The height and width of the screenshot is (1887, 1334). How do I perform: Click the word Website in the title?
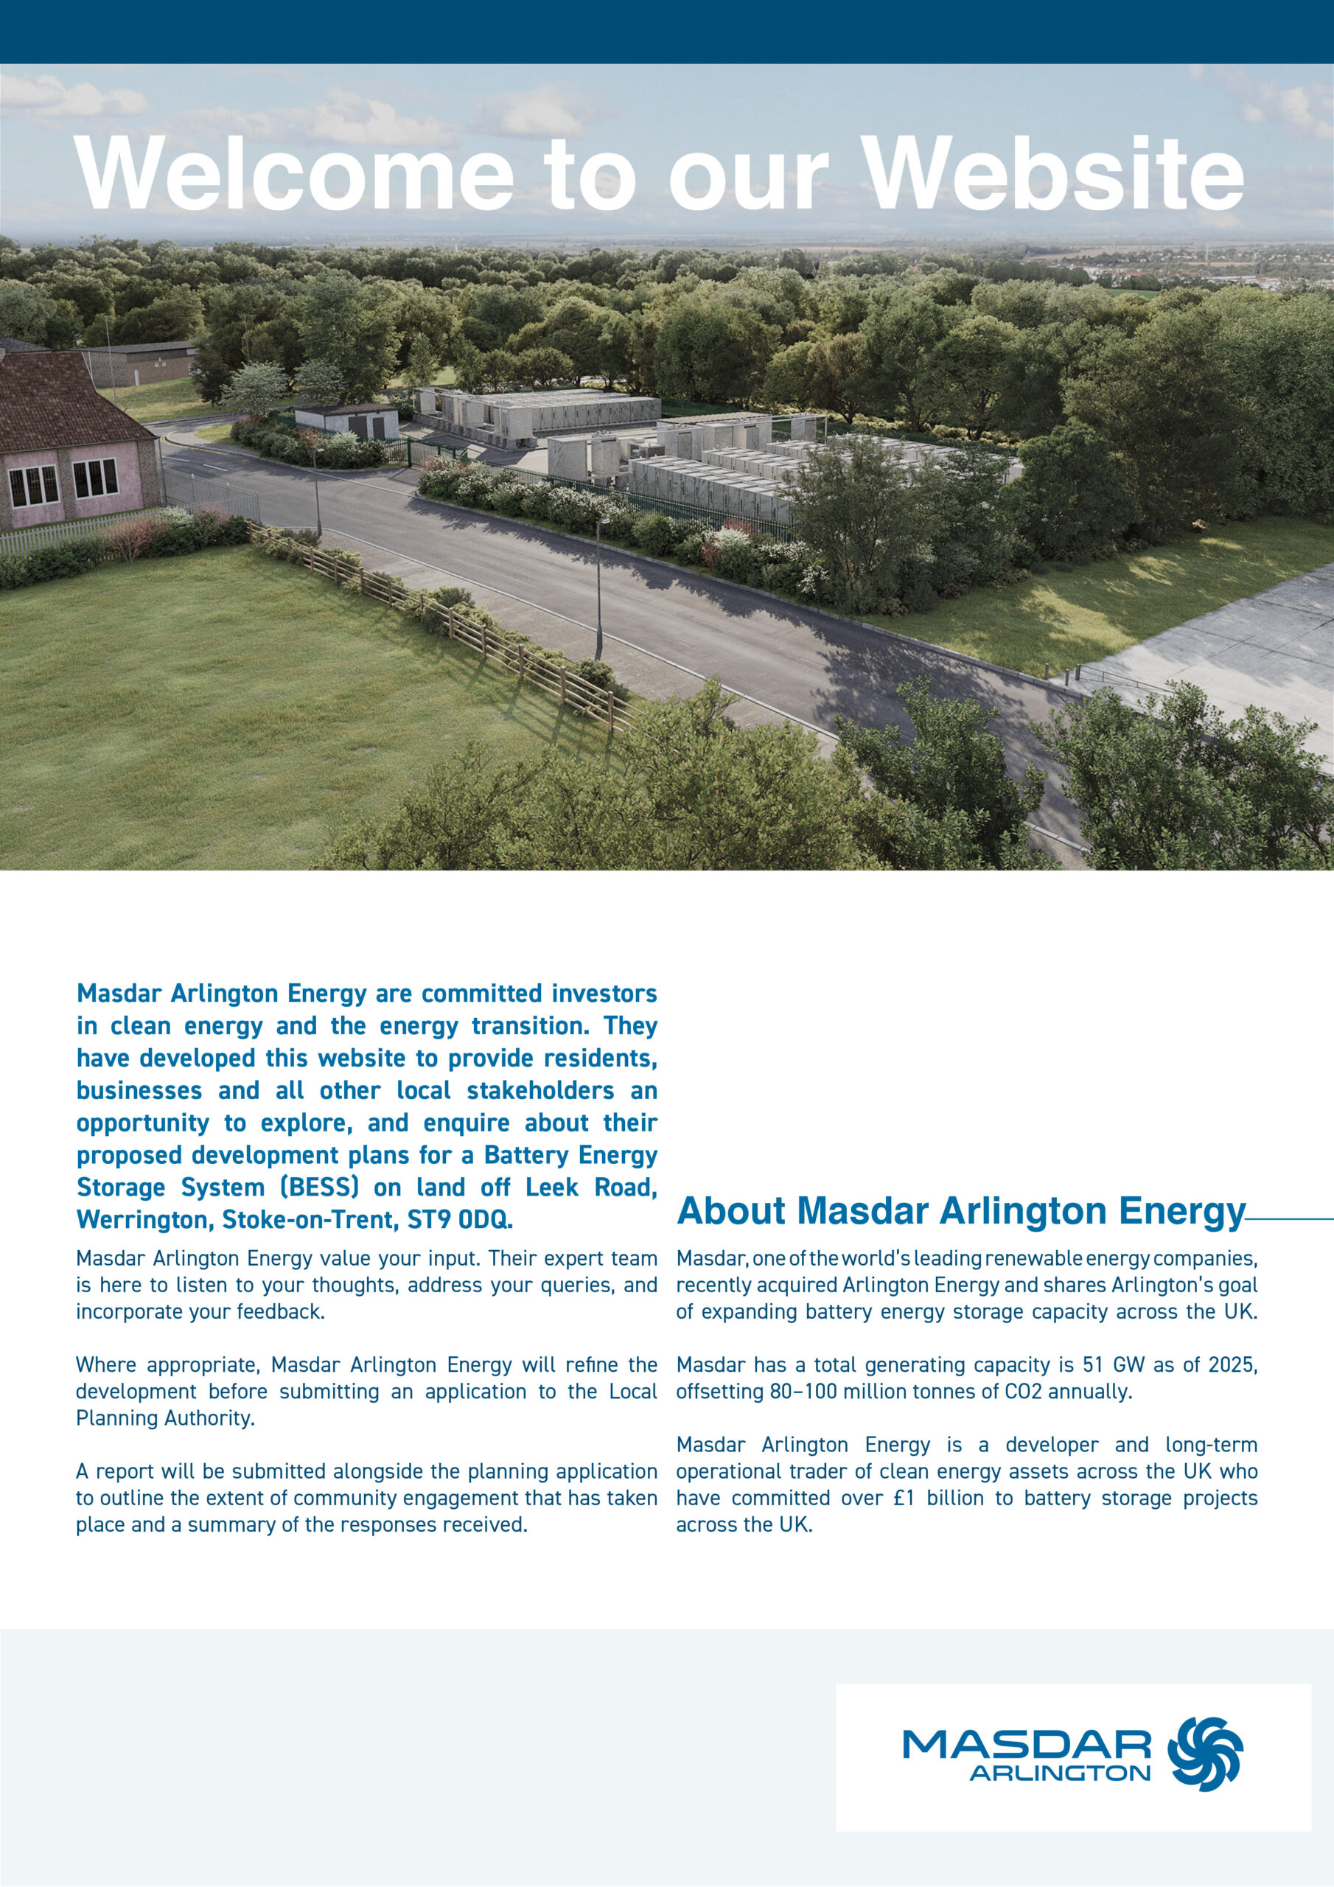click(1055, 172)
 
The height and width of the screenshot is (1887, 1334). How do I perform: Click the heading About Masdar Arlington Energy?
click(960, 1211)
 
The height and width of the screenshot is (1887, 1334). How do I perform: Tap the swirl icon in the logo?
click(1205, 1753)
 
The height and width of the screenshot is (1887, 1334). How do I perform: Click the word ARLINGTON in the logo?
click(1060, 1773)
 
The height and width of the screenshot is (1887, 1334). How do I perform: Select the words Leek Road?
click(591, 1187)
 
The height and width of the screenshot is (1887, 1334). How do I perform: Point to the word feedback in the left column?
click(279, 1312)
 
